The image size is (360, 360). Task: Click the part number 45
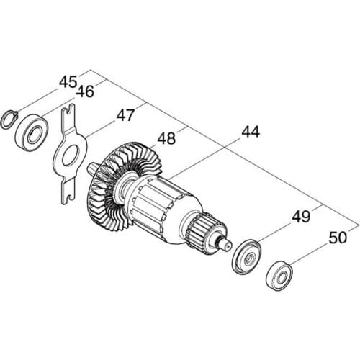(68, 82)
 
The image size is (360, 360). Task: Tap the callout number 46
(85, 92)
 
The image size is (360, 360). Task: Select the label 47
(126, 114)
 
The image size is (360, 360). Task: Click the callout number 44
(251, 132)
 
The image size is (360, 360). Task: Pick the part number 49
(301, 217)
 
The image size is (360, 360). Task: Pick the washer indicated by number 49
(245, 255)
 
